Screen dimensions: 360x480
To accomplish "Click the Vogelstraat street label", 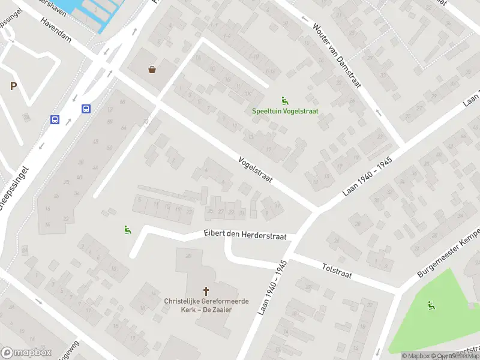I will (x=256, y=170).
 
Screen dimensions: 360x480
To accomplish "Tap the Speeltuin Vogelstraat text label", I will (x=285, y=111).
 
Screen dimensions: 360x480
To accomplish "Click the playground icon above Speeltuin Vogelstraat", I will (x=284, y=100).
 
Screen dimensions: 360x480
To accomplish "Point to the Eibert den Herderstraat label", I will (x=245, y=235).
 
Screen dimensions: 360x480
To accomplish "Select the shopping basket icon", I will (x=152, y=70).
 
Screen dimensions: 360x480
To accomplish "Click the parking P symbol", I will (x=13, y=86).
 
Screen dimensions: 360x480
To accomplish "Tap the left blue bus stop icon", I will (x=55, y=119).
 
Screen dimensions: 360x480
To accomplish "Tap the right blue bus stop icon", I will (x=86, y=109).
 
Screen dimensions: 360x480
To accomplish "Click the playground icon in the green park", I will (x=430, y=305).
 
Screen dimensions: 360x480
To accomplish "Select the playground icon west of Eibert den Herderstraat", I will (x=127, y=229).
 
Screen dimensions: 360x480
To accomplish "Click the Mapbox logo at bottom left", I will (x=26, y=353).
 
